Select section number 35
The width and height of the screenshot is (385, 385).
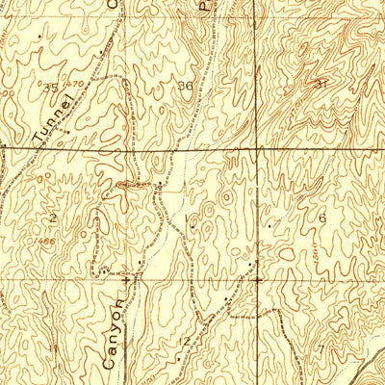pyautogui.click(x=51, y=87)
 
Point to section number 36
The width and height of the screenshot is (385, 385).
pyautogui.click(x=185, y=86)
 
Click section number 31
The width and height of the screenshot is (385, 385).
pyautogui.click(x=321, y=85)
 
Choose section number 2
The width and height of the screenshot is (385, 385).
pyautogui.click(x=53, y=219)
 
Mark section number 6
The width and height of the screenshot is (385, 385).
pyautogui.click(x=321, y=218)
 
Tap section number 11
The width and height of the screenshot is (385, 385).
pyautogui.click(x=52, y=346)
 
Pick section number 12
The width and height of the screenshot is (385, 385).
pyautogui.click(x=185, y=343)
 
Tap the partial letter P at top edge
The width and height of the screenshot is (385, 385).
pyautogui.click(x=203, y=5)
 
